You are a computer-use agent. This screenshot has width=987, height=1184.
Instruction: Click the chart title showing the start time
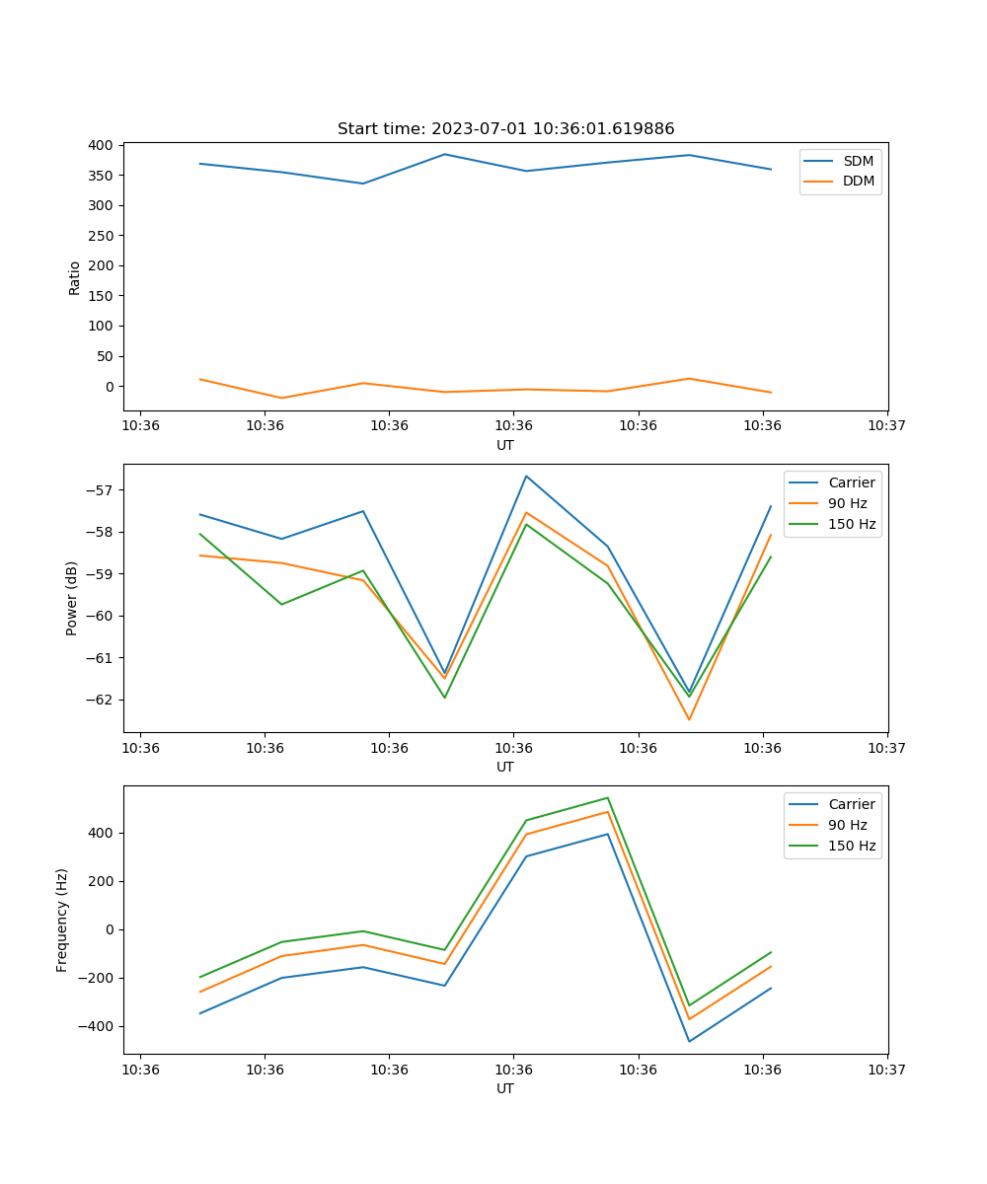pyautogui.click(x=505, y=129)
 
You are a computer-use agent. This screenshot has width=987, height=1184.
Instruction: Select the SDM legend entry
pyautogui.click(x=858, y=161)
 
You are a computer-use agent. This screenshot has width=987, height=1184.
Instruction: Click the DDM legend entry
pyautogui.click(x=858, y=182)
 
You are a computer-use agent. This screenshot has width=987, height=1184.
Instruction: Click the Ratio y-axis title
pyautogui.click(x=75, y=277)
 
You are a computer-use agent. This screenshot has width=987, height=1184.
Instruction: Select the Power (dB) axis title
pyautogui.click(x=72, y=598)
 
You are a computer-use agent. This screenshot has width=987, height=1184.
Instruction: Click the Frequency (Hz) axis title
pyautogui.click(x=62, y=920)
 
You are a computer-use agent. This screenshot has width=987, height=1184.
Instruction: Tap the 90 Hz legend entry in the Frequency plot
pyautogui.click(x=847, y=825)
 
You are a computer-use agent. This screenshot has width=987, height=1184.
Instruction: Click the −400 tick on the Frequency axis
pyautogui.click(x=98, y=1026)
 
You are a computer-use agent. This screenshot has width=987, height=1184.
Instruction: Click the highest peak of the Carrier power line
pyautogui.click(x=526, y=476)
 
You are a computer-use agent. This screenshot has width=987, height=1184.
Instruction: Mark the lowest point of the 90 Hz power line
pyautogui.click(x=689, y=719)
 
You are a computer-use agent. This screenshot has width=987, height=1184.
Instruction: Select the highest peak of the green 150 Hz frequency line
pyautogui.click(x=607, y=798)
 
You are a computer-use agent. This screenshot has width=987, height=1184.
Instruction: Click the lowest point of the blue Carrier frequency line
pyautogui.click(x=689, y=1041)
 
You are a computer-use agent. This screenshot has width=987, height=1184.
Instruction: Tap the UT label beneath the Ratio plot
pyautogui.click(x=505, y=445)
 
